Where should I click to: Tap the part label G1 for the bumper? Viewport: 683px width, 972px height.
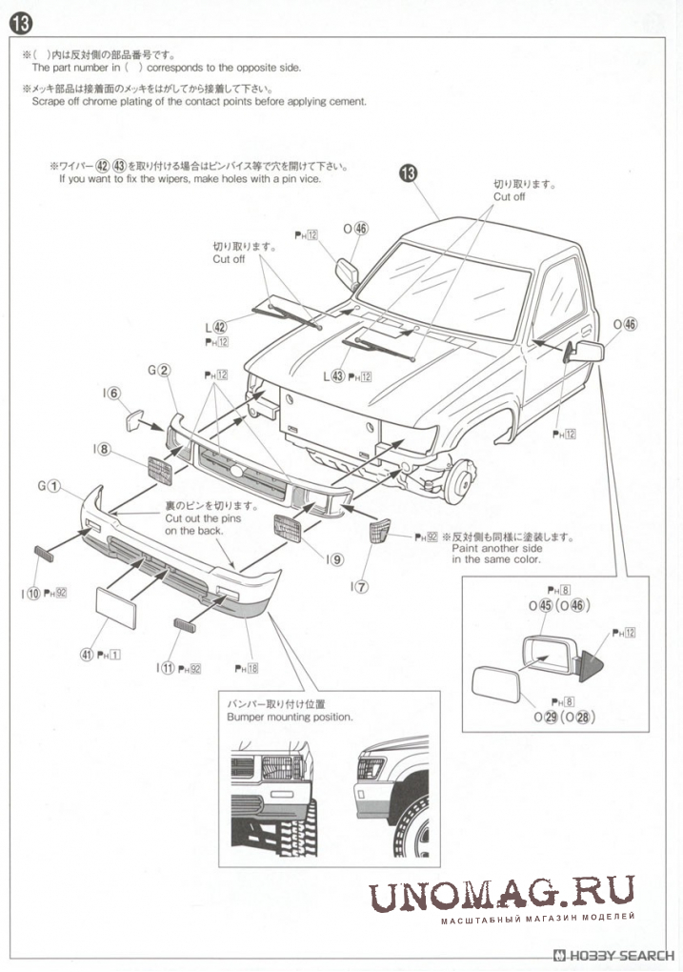(x=50, y=486)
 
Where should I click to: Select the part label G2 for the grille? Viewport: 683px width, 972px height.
(x=159, y=371)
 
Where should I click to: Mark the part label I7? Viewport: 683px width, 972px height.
(x=358, y=586)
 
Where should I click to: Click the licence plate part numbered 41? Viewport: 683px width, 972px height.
(x=116, y=607)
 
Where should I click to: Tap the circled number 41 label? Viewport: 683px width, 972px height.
(x=86, y=655)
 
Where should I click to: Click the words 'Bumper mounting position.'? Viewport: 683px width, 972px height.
(x=290, y=716)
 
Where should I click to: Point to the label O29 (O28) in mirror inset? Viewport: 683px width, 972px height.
(x=562, y=717)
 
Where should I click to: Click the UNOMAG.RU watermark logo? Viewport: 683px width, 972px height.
(x=501, y=897)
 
